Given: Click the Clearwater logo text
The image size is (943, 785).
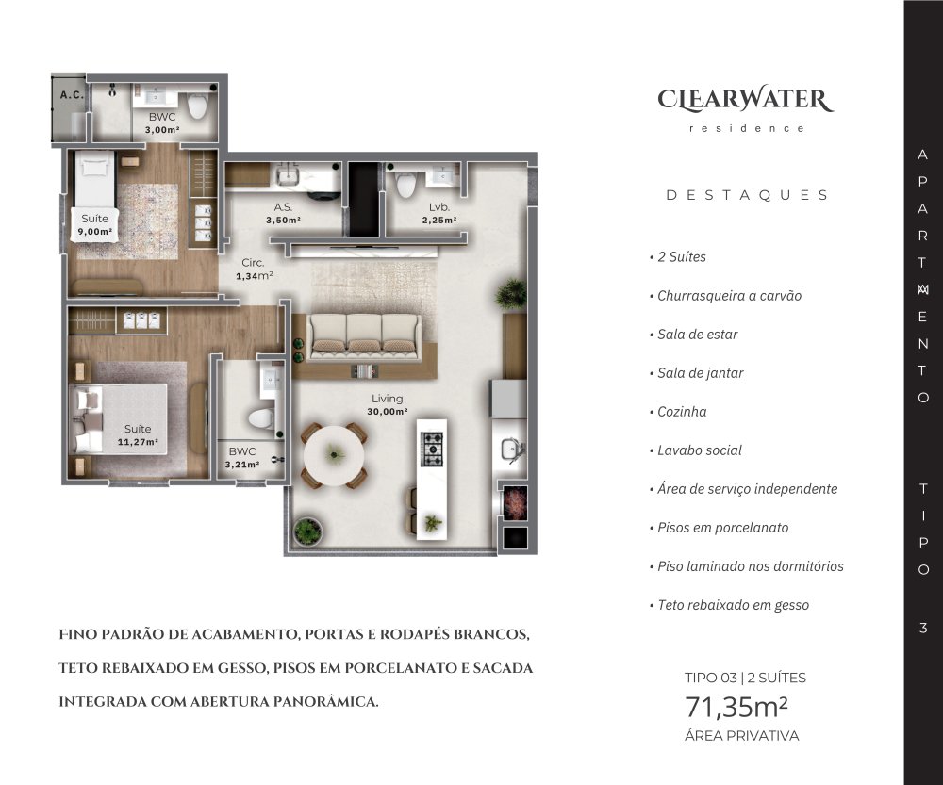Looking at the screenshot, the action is (745, 100).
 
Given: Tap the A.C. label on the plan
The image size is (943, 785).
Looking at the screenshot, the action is (72, 95).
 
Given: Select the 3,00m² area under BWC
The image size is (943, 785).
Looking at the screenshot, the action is (162, 130).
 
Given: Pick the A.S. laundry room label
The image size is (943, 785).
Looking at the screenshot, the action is (283, 207).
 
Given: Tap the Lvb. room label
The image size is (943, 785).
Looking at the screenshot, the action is (439, 207).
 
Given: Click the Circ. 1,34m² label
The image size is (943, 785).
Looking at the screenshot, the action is (254, 270).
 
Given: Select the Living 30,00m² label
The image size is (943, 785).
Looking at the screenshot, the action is (388, 404).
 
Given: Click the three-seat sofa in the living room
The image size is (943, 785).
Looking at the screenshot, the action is (363, 337).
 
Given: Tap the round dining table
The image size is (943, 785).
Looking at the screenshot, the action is (335, 456).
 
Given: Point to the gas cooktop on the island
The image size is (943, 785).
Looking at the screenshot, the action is (432, 449).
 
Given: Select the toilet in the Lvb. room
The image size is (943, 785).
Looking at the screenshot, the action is (405, 185).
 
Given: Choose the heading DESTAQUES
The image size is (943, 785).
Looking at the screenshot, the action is (747, 195).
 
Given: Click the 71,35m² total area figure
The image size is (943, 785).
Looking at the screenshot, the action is (736, 708).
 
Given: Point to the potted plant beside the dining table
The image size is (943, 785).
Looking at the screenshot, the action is (307, 532).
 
